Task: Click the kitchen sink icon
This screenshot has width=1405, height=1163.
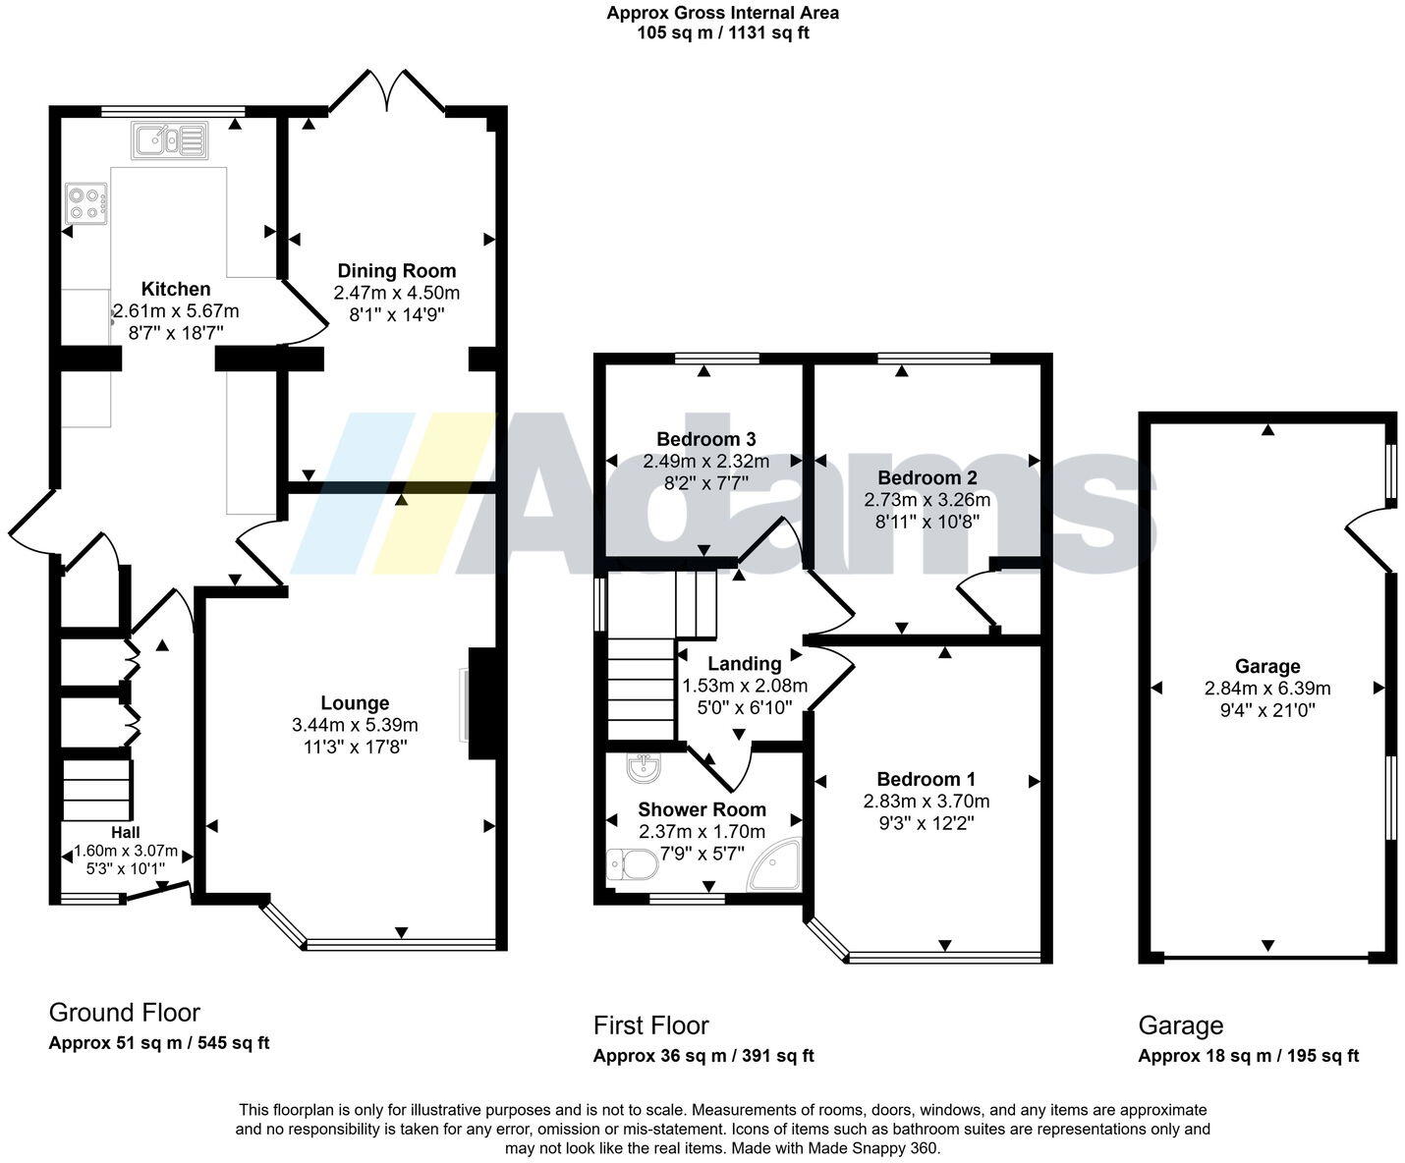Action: tap(170, 140)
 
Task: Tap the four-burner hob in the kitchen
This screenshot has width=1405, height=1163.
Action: tap(86, 203)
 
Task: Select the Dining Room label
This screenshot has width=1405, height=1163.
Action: tap(397, 271)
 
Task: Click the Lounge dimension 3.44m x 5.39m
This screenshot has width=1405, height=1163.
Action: tap(355, 725)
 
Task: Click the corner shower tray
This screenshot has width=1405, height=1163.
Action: tap(777, 866)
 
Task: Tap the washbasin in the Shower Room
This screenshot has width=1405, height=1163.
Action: tap(642, 768)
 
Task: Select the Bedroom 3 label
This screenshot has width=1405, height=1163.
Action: tap(705, 439)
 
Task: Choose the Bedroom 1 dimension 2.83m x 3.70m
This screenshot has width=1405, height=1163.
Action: tap(927, 801)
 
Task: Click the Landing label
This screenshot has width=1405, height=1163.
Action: tap(744, 664)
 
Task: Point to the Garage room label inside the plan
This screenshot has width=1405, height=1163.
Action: tap(1267, 667)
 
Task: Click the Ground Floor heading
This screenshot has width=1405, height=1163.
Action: tap(124, 1013)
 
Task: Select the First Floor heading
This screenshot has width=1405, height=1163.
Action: tap(650, 1025)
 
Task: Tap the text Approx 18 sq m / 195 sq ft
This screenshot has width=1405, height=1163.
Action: tap(1248, 1056)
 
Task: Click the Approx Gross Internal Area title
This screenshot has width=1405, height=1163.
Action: tap(722, 13)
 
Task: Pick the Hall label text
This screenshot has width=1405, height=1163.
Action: tap(125, 833)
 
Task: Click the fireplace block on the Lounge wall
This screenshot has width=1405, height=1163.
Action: tap(481, 703)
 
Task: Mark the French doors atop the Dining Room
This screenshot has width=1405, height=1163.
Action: tap(388, 91)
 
